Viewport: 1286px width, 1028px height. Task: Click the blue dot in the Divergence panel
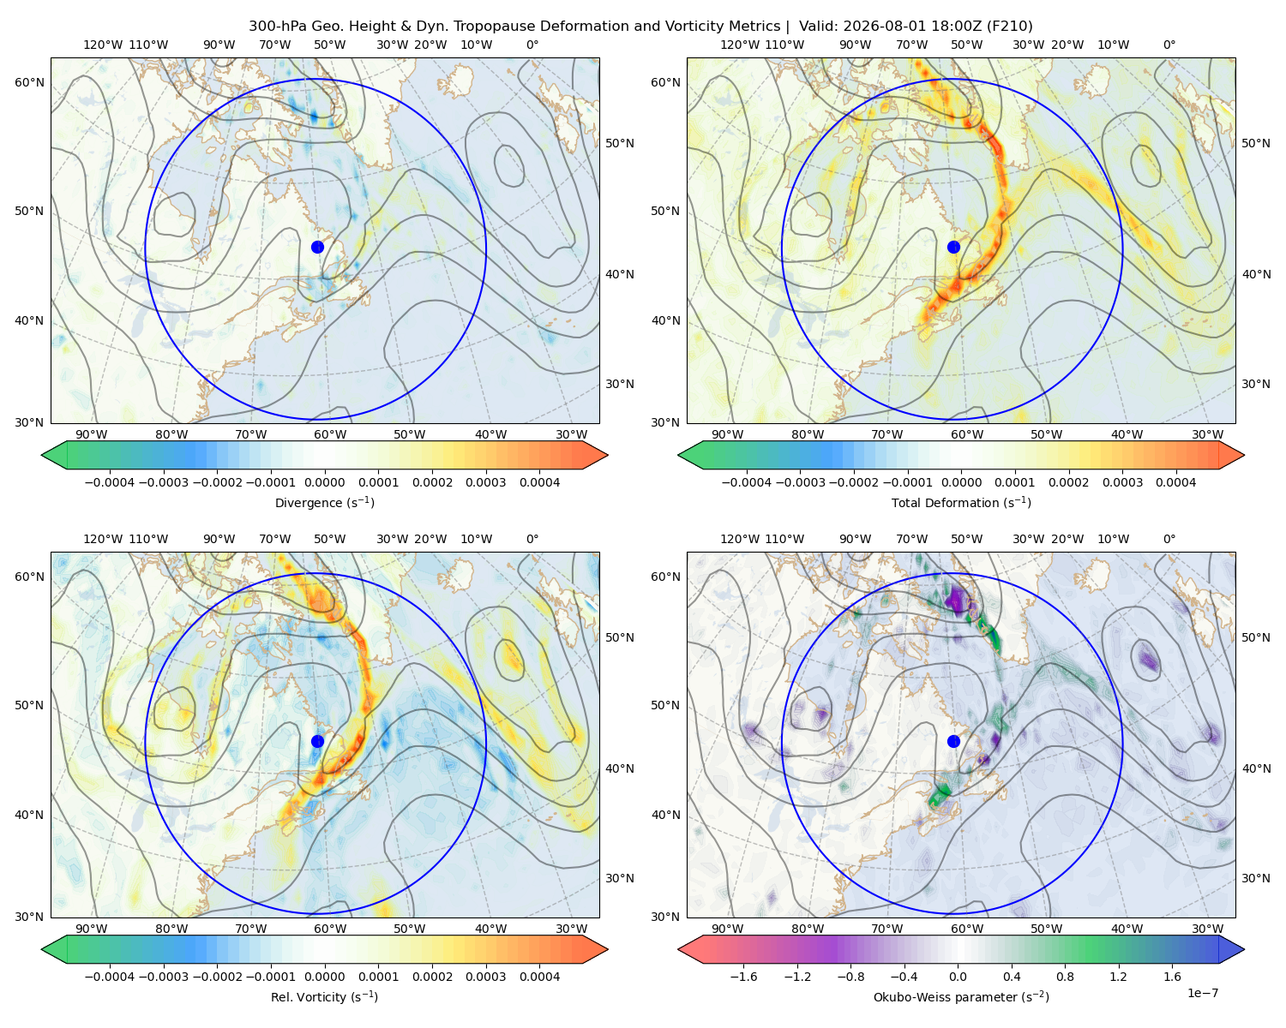(x=317, y=247)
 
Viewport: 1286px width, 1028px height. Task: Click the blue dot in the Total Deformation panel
(x=953, y=247)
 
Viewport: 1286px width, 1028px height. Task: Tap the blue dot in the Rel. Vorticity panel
(x=317, y=741)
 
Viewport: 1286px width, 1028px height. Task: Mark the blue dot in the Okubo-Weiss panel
(x=953, y=741)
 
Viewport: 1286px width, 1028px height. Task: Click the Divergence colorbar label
(x=324, y=502)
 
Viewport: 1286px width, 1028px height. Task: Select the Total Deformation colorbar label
(x=961, y=502)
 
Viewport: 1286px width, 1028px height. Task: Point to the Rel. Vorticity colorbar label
(x=324, y=996)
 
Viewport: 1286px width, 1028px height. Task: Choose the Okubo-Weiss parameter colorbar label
(x=961, y=996)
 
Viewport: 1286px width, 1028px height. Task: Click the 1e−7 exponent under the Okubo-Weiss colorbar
(x=1202, y=993)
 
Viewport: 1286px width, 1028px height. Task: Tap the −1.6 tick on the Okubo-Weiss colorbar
(x=743, y=977)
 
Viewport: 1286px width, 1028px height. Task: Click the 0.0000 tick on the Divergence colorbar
(x=324, y=482)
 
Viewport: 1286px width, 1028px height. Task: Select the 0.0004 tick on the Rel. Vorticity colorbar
(x=539, y=977)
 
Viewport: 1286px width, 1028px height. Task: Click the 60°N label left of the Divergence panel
(x=29, y=82)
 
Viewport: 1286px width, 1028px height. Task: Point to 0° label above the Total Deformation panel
(x=1169, y=45)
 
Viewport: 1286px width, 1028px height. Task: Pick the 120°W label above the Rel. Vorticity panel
(x=103, y=539)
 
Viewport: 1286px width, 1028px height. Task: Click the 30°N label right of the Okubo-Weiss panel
(x=1256, y=878)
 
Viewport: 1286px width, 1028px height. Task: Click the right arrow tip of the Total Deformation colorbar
(x=1244, y=455)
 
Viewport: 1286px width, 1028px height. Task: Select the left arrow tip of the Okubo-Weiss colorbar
(x=678, y=949)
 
